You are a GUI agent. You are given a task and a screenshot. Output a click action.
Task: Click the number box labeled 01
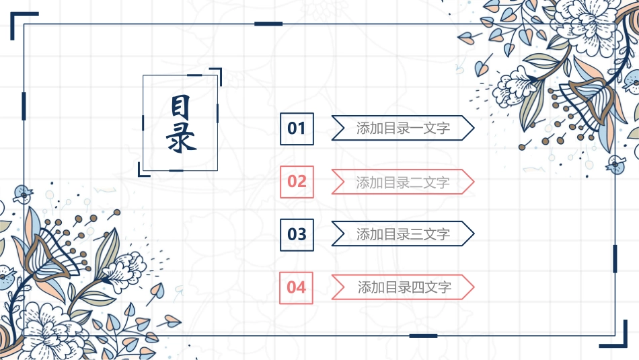[297, 128]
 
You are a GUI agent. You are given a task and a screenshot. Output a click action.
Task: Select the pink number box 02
[297, 181]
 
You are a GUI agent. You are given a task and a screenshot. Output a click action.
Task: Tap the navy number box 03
[297, 234]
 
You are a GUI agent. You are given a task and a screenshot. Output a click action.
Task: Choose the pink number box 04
[297, 287]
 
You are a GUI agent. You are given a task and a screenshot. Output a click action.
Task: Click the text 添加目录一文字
[403, 128]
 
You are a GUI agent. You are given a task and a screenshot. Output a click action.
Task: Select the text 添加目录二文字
[403, 182]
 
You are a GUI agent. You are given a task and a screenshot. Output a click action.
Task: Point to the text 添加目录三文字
[403, 234]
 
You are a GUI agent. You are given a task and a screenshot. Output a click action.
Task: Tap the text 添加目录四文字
[404, 287]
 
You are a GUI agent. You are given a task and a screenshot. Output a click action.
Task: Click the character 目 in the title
[180, 107]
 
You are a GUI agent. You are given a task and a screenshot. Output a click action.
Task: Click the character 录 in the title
[180, 139]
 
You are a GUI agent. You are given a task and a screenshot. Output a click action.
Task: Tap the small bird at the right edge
[613, 164]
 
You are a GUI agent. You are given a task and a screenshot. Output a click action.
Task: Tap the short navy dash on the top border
[268, 24]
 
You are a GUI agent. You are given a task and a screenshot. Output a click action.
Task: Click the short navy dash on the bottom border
[423, 335]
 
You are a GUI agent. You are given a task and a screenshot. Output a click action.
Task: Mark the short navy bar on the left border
[24, 106]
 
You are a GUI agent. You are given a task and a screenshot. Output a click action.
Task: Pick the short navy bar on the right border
[615, 258]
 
